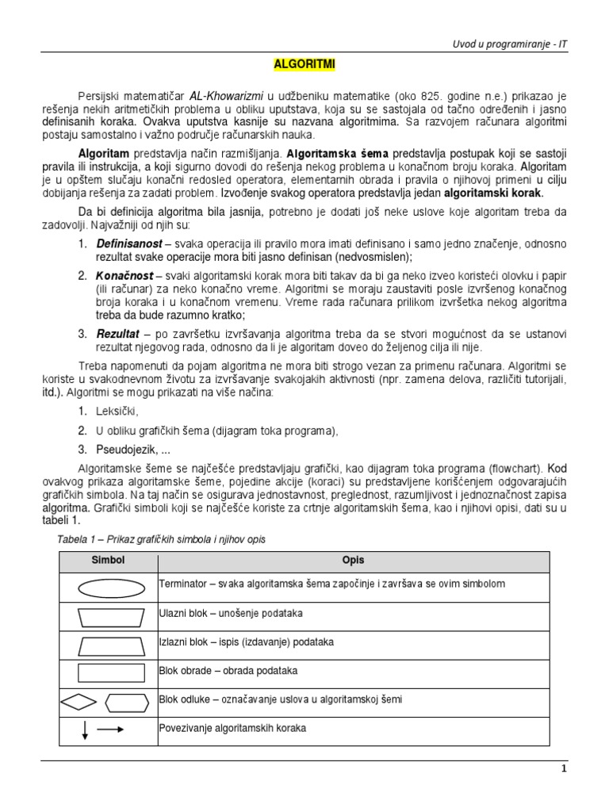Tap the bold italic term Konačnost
tap(124, 275)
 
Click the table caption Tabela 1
tap(161, 539)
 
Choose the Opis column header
tap(354, 561)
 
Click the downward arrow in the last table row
tap(84, 730)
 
